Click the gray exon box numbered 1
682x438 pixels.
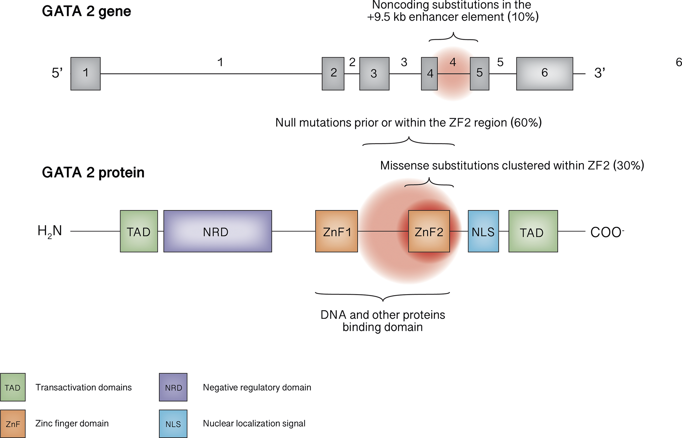85,74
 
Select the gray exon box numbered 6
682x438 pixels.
544,74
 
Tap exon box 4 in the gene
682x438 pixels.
429,74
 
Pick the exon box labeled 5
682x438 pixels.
479,74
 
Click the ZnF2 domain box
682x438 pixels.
429,231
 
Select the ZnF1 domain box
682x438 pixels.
336,231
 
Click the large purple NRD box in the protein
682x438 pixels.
217,231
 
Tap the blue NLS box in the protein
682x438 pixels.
483,231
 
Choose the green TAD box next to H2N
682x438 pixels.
139,231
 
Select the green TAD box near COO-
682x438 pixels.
533,231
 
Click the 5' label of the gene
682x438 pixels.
57,73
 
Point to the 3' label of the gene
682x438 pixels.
599,73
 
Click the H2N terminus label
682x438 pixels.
50,231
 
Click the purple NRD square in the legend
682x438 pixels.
173,387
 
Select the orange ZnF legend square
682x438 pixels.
13,424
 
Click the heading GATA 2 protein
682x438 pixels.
93,172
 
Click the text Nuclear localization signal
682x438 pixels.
254,423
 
